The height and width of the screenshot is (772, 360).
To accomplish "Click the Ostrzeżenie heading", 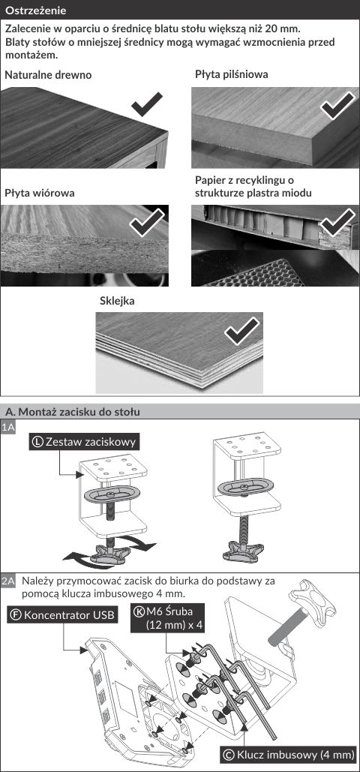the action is pos(35,11).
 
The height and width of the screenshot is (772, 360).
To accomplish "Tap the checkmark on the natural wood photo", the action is pos(147,104).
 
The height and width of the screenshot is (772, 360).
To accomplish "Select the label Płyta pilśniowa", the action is pos(232,75).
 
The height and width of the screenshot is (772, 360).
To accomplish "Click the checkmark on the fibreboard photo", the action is pos(337,105).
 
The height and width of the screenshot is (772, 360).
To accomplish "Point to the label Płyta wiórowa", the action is pos(40,193).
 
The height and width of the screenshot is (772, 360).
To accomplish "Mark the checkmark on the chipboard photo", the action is pos(147,223).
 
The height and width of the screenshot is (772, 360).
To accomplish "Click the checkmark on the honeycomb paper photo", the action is pos(337,222).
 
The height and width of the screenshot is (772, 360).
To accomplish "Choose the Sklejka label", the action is pos(117,302).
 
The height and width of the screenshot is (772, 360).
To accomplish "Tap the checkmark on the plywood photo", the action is pos(241,330).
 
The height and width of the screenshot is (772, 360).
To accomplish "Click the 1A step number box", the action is pos(8,428).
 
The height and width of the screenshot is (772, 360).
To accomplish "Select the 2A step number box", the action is pos(8,581).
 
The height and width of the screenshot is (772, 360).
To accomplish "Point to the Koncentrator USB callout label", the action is pos(62,615).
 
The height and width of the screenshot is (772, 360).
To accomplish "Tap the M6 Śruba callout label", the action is pos(169,618).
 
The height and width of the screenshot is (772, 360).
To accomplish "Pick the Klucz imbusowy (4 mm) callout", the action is pos(289,754).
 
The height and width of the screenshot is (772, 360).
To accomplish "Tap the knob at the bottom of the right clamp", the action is pos(243,551).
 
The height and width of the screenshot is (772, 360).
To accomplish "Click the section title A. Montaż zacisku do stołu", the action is pos(73,412).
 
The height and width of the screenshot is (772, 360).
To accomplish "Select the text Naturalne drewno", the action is pos(48,75).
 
